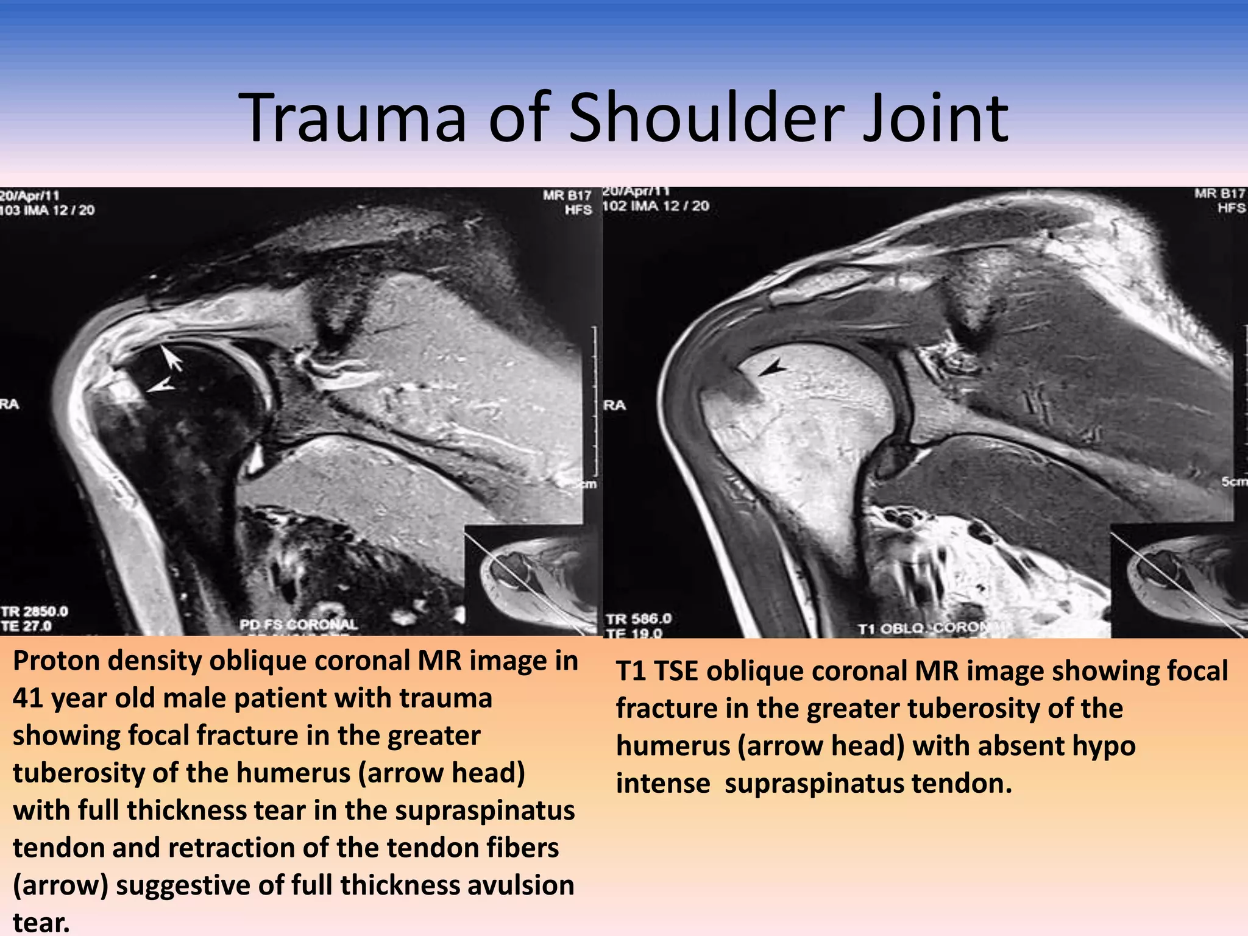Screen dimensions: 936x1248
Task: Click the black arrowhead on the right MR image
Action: click(773, 367)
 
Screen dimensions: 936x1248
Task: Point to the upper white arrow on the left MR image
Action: click(172, 358)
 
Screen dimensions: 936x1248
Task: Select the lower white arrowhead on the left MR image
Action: click(161, 386)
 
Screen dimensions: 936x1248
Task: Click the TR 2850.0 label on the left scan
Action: click(34, 611)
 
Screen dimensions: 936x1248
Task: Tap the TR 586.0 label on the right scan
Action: click(637, 619)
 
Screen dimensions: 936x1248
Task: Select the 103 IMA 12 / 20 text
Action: click(48, 210)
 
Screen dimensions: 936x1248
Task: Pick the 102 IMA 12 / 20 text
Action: click(656, 206)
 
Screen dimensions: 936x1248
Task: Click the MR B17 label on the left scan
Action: click(567, 196)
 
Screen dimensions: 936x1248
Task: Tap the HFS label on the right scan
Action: click(1232, 208)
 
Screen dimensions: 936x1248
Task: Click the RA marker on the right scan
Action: click(614, 405)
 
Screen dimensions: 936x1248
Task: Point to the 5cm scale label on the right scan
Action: click(1235, 481)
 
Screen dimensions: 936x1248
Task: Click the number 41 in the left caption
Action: click(30, 698)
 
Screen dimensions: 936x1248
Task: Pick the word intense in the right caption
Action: click(663, 784)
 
